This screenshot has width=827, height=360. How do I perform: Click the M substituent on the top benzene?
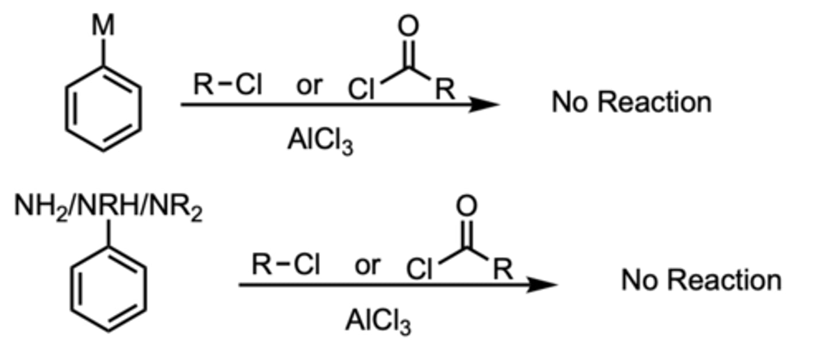coord(103,26)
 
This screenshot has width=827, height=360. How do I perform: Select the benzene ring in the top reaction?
coord(103,109)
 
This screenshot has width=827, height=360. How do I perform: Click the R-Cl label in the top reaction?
coord(227,86)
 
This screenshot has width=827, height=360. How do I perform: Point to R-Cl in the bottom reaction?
coord(286,265)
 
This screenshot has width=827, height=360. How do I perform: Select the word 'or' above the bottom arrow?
coord(368,265)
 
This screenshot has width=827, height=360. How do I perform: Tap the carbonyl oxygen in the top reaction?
coord(408,26)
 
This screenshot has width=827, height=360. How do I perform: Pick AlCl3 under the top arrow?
coord(320,141)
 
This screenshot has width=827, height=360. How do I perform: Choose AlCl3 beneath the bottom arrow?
coord(378,320)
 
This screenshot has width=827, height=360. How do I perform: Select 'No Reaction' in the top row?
coord(631,102)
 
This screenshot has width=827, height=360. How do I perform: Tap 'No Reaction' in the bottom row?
coord(701,281)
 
